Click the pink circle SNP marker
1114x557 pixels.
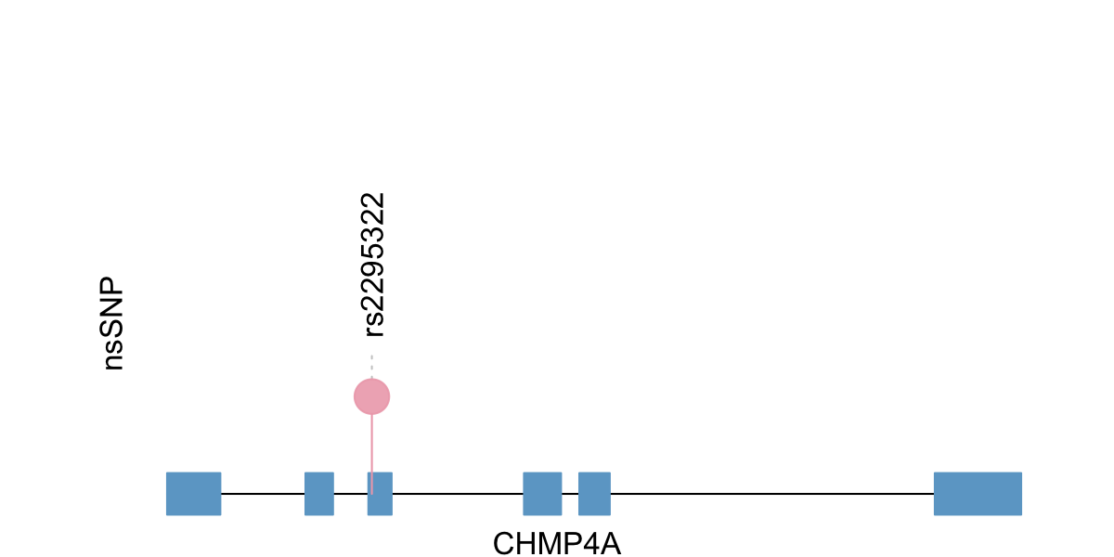371,396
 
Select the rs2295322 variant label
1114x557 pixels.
373,264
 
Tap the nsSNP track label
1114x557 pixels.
113,323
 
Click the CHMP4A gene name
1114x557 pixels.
556,543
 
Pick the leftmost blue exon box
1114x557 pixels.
193,493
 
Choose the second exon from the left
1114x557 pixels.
319,493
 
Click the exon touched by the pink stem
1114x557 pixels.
380,493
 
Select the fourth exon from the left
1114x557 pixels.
542,493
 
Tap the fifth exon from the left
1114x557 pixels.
594,493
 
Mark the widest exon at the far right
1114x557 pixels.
978,493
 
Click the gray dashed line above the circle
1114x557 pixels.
371,366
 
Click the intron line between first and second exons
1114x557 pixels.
263,493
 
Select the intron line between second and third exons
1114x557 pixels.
351,493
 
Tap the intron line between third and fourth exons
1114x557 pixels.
458,493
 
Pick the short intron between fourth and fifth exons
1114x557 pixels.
570,493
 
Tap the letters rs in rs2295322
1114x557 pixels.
374,321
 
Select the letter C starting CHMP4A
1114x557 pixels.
503,543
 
